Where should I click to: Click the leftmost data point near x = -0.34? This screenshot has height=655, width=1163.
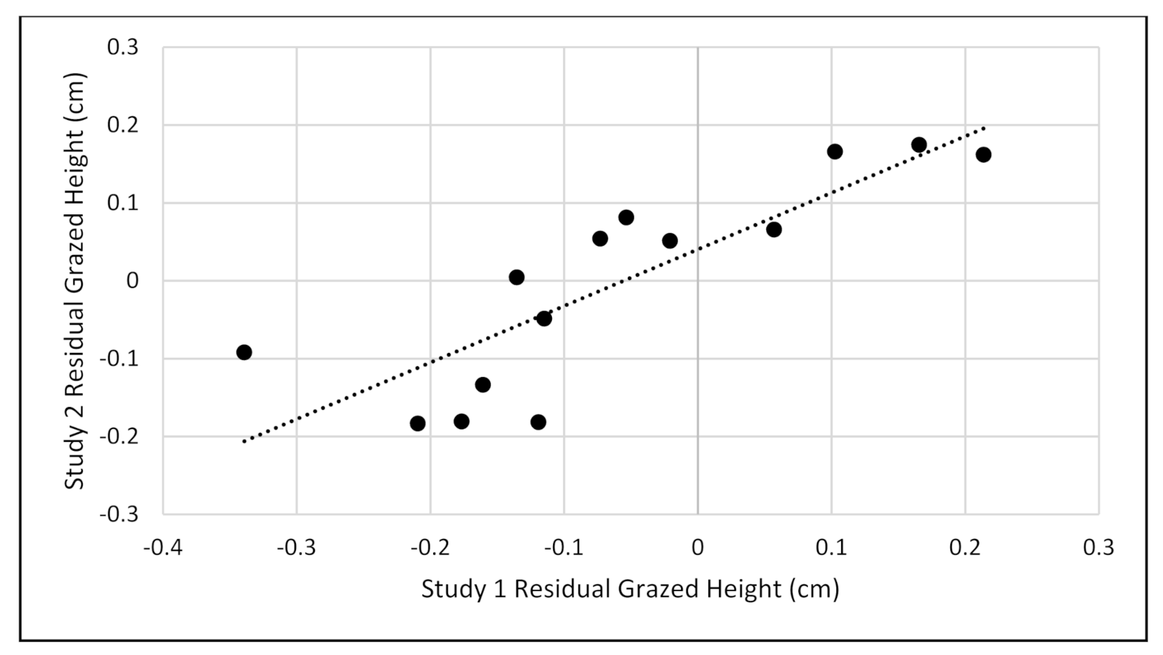tap(244, 352)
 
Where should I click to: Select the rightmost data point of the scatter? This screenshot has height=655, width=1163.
tap(983, 155)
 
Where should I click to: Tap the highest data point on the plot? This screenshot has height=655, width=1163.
tap(918, 145)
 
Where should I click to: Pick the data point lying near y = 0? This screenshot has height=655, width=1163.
tap(517, 277)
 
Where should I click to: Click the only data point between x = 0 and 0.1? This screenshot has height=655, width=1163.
tap(774, 229)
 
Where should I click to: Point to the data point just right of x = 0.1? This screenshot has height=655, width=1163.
tap(834, 151)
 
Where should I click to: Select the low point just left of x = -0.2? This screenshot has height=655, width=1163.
tap(418, 423)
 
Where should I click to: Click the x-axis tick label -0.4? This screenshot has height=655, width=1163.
tap(163, 547)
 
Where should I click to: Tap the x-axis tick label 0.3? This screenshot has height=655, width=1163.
tap(1098, 547)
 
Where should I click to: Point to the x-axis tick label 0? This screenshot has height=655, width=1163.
tap(697, 547)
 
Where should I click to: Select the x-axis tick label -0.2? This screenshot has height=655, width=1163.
tap(430, 547)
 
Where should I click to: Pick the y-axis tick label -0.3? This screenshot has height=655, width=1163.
tap(119, 514)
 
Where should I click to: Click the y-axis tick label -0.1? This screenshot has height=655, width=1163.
tap(119, 358)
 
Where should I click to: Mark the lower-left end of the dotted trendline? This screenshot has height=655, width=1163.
tap(245, 441)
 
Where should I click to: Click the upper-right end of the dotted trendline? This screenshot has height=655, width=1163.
tap(984, 127)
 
